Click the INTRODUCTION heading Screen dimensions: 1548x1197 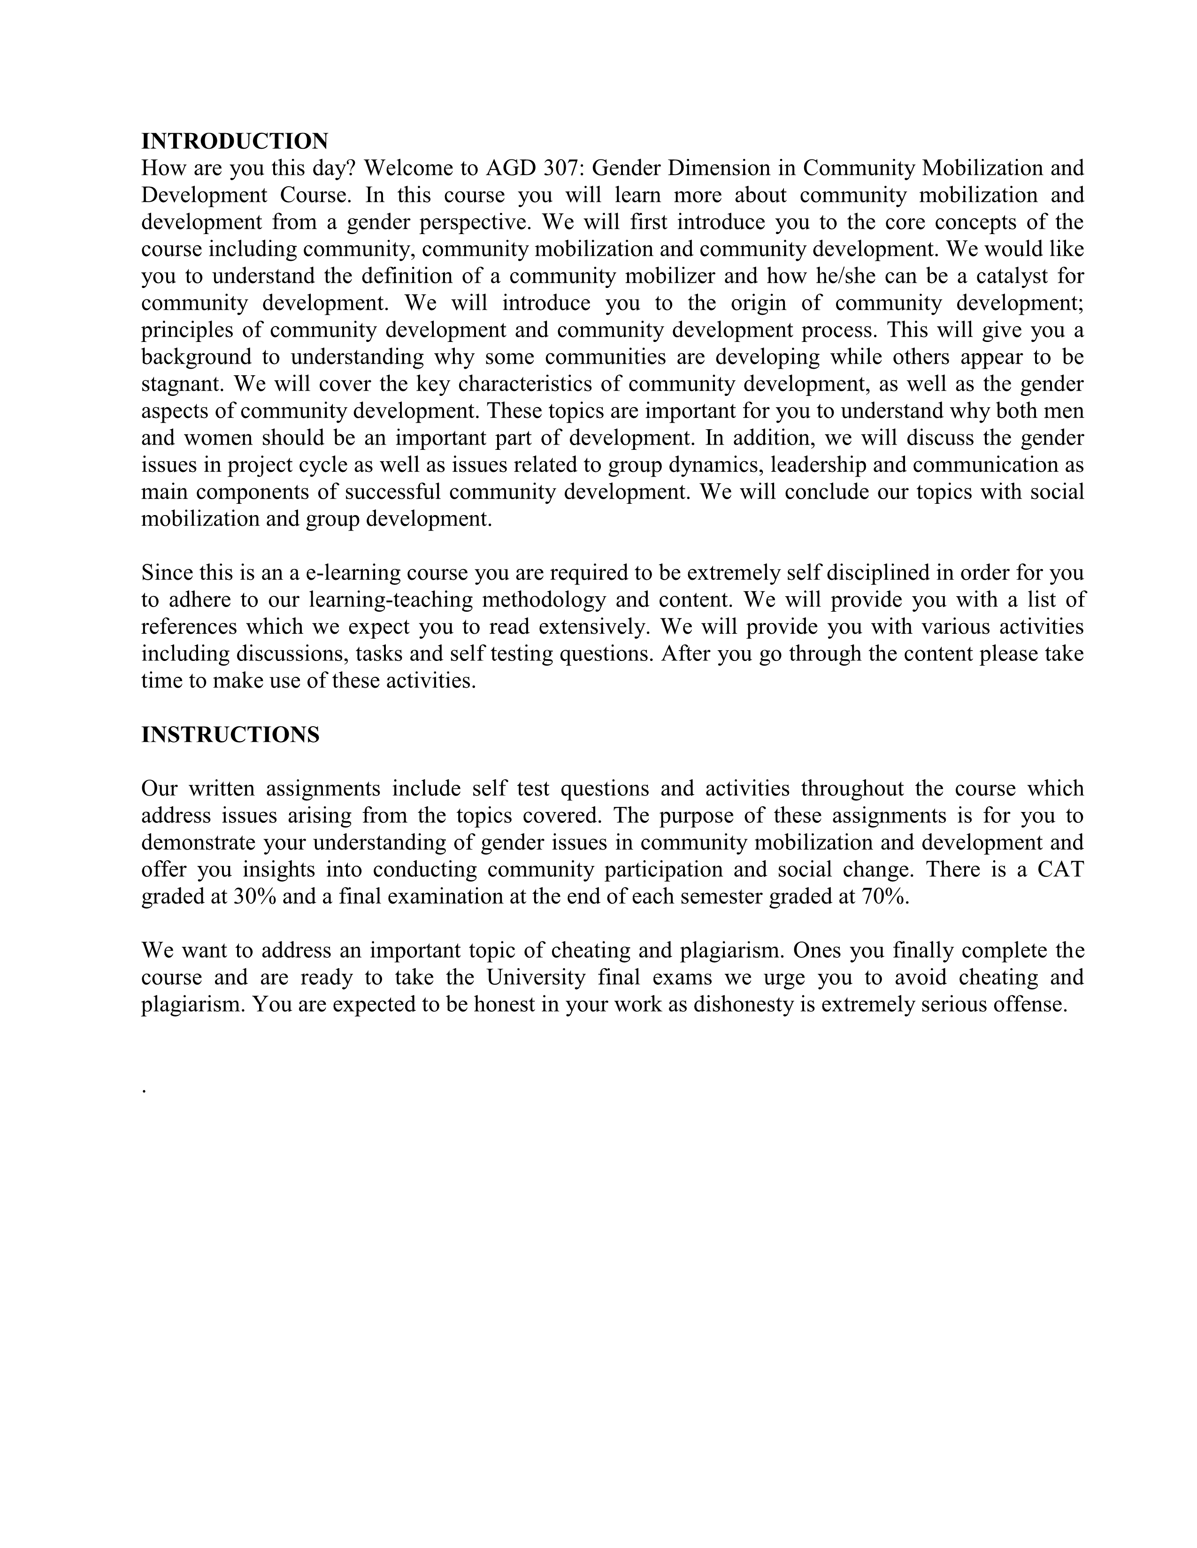tap(235, 141)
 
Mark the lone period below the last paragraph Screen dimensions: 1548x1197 tap(144, 1092)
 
